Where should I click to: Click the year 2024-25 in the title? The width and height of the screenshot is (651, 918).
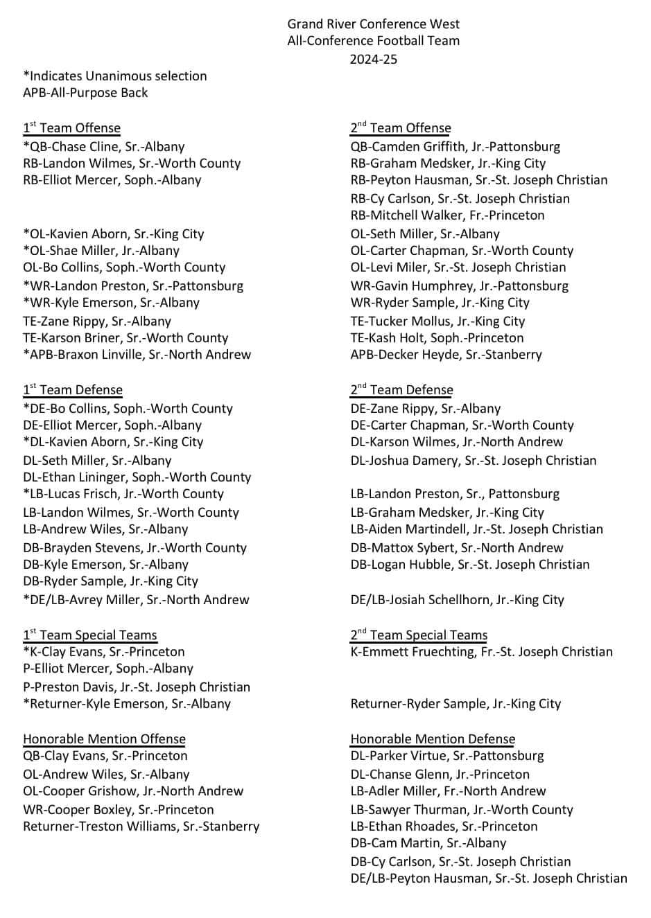pos(373,59)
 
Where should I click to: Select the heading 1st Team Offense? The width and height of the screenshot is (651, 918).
pos(71,128)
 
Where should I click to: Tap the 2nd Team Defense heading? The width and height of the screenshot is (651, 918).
pos(401,390)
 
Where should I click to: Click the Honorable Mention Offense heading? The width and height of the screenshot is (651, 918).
pos(104,739)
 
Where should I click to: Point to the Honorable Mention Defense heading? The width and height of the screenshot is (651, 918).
pos(433,739)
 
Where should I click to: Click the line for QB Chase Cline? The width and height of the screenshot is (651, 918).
pos(104,147)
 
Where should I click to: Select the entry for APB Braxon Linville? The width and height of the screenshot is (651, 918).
pos(137,355)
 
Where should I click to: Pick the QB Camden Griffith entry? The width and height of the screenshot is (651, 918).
pos(455,147)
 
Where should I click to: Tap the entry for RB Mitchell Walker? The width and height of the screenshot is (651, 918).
pos(447,215)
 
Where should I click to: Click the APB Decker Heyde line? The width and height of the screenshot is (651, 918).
pos(446,355)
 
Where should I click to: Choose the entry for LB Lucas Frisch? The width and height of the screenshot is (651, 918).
pos(123,494)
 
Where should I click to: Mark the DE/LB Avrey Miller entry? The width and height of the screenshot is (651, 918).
pos(136,600)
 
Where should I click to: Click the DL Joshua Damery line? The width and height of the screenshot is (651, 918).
pos(473,461)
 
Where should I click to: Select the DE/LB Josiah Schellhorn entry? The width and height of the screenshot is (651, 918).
pos(457,600)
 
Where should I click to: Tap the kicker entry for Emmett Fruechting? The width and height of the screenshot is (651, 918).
pos(481,652)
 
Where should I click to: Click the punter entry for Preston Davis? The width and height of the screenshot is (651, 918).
pos(137,687)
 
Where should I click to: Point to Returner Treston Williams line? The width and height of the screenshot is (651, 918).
pos(141,827)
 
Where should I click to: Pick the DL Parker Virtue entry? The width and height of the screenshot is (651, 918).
pos(447,756)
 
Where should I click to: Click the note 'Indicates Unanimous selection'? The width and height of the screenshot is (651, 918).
pos(115,76)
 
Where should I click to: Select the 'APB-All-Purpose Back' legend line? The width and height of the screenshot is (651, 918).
pos(85,93)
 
